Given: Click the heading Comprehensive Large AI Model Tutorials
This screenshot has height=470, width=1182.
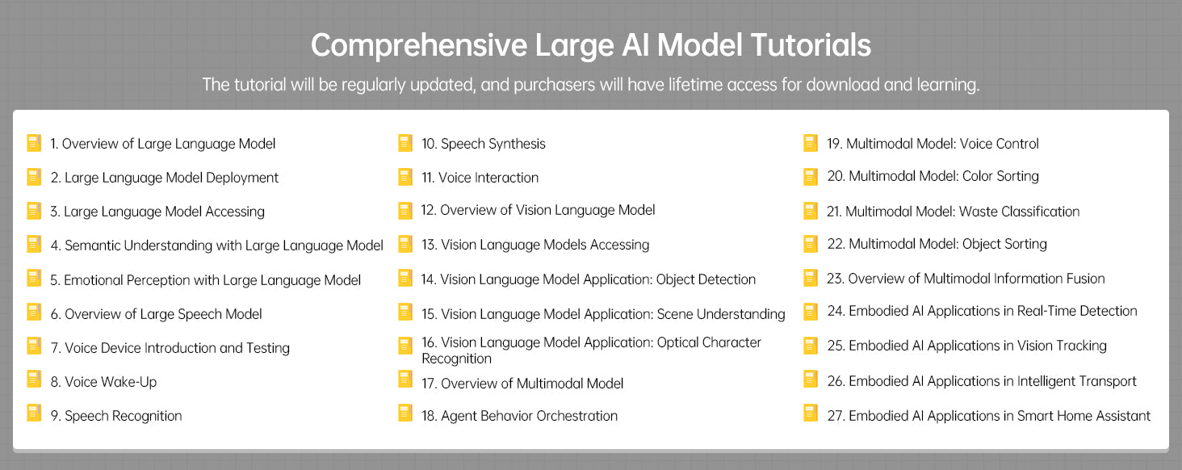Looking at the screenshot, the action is point(590,45).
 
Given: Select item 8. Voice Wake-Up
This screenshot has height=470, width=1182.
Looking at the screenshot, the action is point(103,382).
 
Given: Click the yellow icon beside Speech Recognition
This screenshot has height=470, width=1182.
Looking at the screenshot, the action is point(34,413).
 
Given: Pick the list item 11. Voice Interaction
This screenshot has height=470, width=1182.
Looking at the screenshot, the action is point(480,178).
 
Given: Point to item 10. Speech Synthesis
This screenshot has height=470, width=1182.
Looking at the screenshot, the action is point(484,144).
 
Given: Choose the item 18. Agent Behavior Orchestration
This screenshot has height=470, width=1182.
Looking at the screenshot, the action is point(519,416).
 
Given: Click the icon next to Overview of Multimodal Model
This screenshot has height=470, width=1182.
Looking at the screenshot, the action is point(405,380).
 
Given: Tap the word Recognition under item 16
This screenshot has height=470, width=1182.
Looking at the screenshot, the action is point(456,359).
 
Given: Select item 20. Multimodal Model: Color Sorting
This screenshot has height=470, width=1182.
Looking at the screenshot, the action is point(933,176).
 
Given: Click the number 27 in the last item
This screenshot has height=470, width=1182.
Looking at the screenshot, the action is point(836,416).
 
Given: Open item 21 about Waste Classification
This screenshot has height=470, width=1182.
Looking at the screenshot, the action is point(953,212).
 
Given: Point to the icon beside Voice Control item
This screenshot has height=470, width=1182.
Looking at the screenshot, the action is point(811,143).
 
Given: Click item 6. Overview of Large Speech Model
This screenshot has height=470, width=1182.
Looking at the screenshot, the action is point(156,314).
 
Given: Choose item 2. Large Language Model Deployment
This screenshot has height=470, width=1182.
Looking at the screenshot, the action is point(164,178).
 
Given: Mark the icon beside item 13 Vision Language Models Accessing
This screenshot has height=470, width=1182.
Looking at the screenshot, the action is point(405,244).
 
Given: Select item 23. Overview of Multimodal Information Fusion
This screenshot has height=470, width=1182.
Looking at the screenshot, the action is point(966,279).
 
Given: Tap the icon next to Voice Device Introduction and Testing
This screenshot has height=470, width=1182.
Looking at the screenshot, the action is point(34,346).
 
